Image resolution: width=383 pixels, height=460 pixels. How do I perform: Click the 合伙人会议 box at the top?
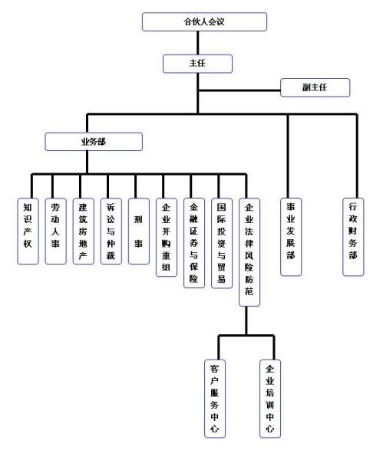pyautogui.click(x=204, y=21)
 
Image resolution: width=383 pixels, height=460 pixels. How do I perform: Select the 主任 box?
pyautogui.click(x=198, y=64)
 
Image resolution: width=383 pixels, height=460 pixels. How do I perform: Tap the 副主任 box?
pyautogui.click(x=315, y=87)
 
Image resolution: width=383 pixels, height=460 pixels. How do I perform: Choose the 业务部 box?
pyautogui.click(x=94, y=142)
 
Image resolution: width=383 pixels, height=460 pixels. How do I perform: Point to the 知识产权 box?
pyautogui.click(x=28, y=232)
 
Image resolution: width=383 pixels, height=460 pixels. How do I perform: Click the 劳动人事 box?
pyautogui.click(x=55, y=232)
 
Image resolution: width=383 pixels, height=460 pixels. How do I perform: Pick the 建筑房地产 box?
pyautogui.click(x=84, y=232)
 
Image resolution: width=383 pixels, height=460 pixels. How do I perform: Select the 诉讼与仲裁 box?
pyautogui.click(x=111, y=232)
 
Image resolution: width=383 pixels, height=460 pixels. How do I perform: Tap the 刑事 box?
pyautogui.click(x=139, y=232)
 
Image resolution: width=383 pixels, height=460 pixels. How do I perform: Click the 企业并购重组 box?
pyautogui.click(x=167, y=237)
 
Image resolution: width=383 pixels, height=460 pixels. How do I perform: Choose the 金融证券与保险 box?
pyautogui.click(x=194, y=243)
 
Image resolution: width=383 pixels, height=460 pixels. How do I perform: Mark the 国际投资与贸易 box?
pyautogui.click(x=222, y=243)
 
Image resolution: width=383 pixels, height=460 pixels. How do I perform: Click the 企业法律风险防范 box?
pyautogui.click(x=249, y=252)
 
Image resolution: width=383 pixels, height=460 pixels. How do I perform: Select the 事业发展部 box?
pyautogui.click(x=291, y=237)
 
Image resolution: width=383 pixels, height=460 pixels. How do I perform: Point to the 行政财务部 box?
pyautogui.click(x=353, y=237)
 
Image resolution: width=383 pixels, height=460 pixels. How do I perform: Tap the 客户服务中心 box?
pyautogui.click(x=215, y=399)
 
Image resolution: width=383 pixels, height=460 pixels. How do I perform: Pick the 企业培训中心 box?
pyautogui.click(x=270, y=399)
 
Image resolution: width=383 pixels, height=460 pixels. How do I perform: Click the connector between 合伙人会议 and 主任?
pyautogui.click(x=198, y=43)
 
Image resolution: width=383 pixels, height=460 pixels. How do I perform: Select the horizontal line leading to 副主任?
pyautogui.click(x=239, y=90)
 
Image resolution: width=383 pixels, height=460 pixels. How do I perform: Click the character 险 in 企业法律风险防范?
pyautogui.click(x=249, y=268)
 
